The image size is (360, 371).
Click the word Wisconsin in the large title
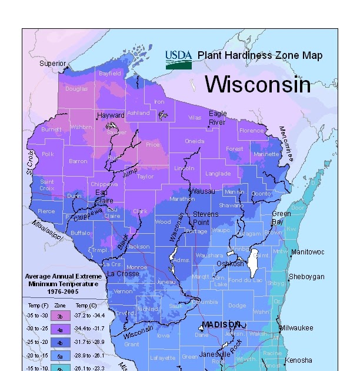[257, 84]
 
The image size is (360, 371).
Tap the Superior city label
[53, 63]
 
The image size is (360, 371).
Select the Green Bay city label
[281, 218]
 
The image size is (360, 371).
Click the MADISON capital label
[222, 324]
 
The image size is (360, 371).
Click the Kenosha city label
[299, 360]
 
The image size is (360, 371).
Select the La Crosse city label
[123, 274]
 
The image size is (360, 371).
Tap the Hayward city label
[111, 115]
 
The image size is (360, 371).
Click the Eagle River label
[218, 118]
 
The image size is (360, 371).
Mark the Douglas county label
[76, 89]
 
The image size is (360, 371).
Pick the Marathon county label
[182, 199]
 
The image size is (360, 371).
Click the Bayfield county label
[110, 74]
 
